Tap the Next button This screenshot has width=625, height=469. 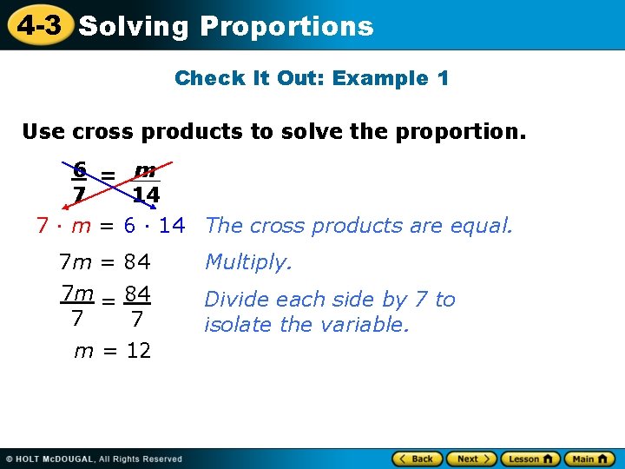pyautogui.click(x=473, y=459)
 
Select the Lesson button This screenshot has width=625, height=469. pyautogui.click(x=530, y=459)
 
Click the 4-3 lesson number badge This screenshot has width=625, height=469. pyautogui.click(x=39, y=25)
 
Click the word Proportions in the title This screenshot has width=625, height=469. pyautogui.click(x=286, y=26)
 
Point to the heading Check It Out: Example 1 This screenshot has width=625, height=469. pyautogui.click(x=312, y=78)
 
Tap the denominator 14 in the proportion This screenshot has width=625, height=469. pyautogui.click(x=146, y=195)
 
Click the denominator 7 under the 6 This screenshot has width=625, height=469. pyautogui.click(x=79, y=195)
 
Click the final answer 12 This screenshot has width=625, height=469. pyautogui.click(x=138, y=351)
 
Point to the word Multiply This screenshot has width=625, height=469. pyautogui.click(x=248, y=261)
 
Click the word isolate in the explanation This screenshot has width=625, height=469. pyautogui.click(x=239, y=325)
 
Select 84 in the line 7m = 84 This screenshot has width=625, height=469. pyautogui.click(x=137, y=261)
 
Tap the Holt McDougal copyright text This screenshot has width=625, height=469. pyautogui.click(x=95, y=459)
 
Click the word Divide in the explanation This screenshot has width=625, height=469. pyautogui.click(x=233, y=300)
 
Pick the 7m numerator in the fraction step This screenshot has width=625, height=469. pyautogui.click(x=77, y=294)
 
